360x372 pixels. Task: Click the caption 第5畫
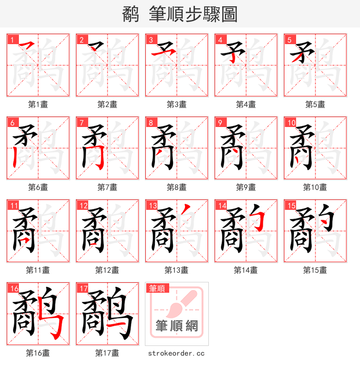pos(315,104)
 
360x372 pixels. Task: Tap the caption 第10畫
pos(315,187)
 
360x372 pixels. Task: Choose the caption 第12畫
pos(107,270)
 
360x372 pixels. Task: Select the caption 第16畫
pos(38,353)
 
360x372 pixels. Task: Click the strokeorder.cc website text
pos(176,353)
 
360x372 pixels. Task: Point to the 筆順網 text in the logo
pos(176,326)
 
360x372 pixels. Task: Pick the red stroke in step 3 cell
pos(160,53)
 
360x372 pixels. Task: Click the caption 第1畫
pos(38,104)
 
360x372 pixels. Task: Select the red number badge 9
pos(220,122)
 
